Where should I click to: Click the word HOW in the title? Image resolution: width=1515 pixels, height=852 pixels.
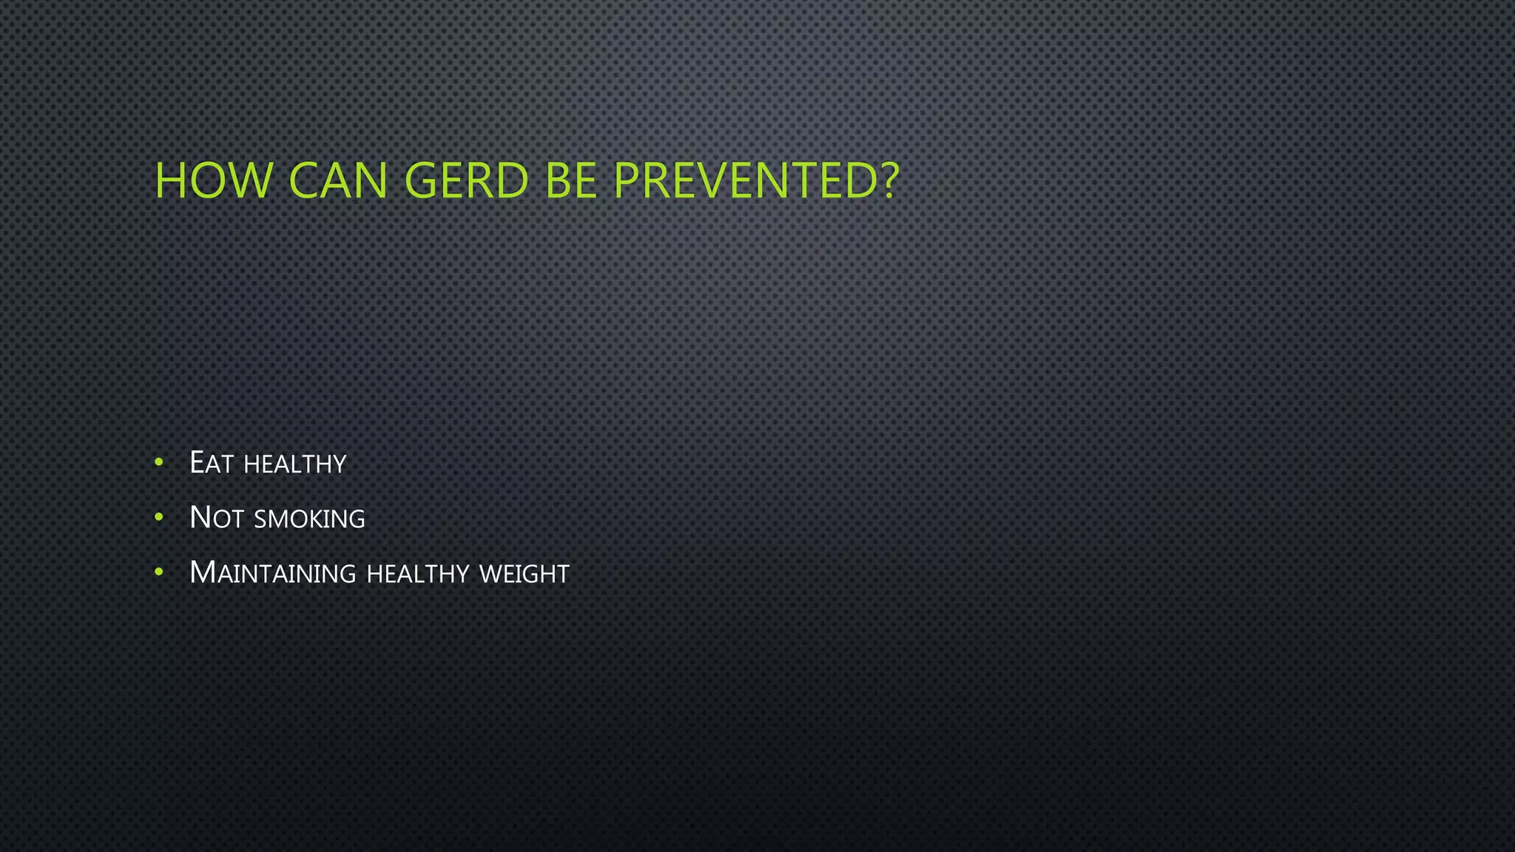tap(213, 180)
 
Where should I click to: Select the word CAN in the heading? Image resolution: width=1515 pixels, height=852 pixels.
tap(338, 180)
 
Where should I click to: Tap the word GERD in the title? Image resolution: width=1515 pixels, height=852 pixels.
tap(467, 180)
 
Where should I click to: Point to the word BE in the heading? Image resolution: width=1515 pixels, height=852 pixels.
tap(571, 180)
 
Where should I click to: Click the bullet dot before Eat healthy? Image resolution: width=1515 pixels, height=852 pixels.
tap(159, 463)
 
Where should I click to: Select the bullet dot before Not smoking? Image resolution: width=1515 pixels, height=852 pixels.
tap(159, 518)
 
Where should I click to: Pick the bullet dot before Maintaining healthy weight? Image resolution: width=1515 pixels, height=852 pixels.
tap(159, 572)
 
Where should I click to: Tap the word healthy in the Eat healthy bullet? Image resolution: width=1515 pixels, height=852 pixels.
tap(294, 464)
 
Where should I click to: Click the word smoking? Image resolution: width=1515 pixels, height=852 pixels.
tap(309, 519)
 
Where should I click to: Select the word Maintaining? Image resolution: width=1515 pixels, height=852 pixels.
tap(272, 573)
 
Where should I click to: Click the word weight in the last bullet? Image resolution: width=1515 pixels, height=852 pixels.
tap(524, 574)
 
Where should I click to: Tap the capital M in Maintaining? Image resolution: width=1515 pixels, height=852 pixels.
tap(203, 572)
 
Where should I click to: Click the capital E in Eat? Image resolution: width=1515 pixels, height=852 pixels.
tap(197, 463)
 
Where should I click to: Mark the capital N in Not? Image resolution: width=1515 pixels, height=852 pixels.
tap(200, 518)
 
